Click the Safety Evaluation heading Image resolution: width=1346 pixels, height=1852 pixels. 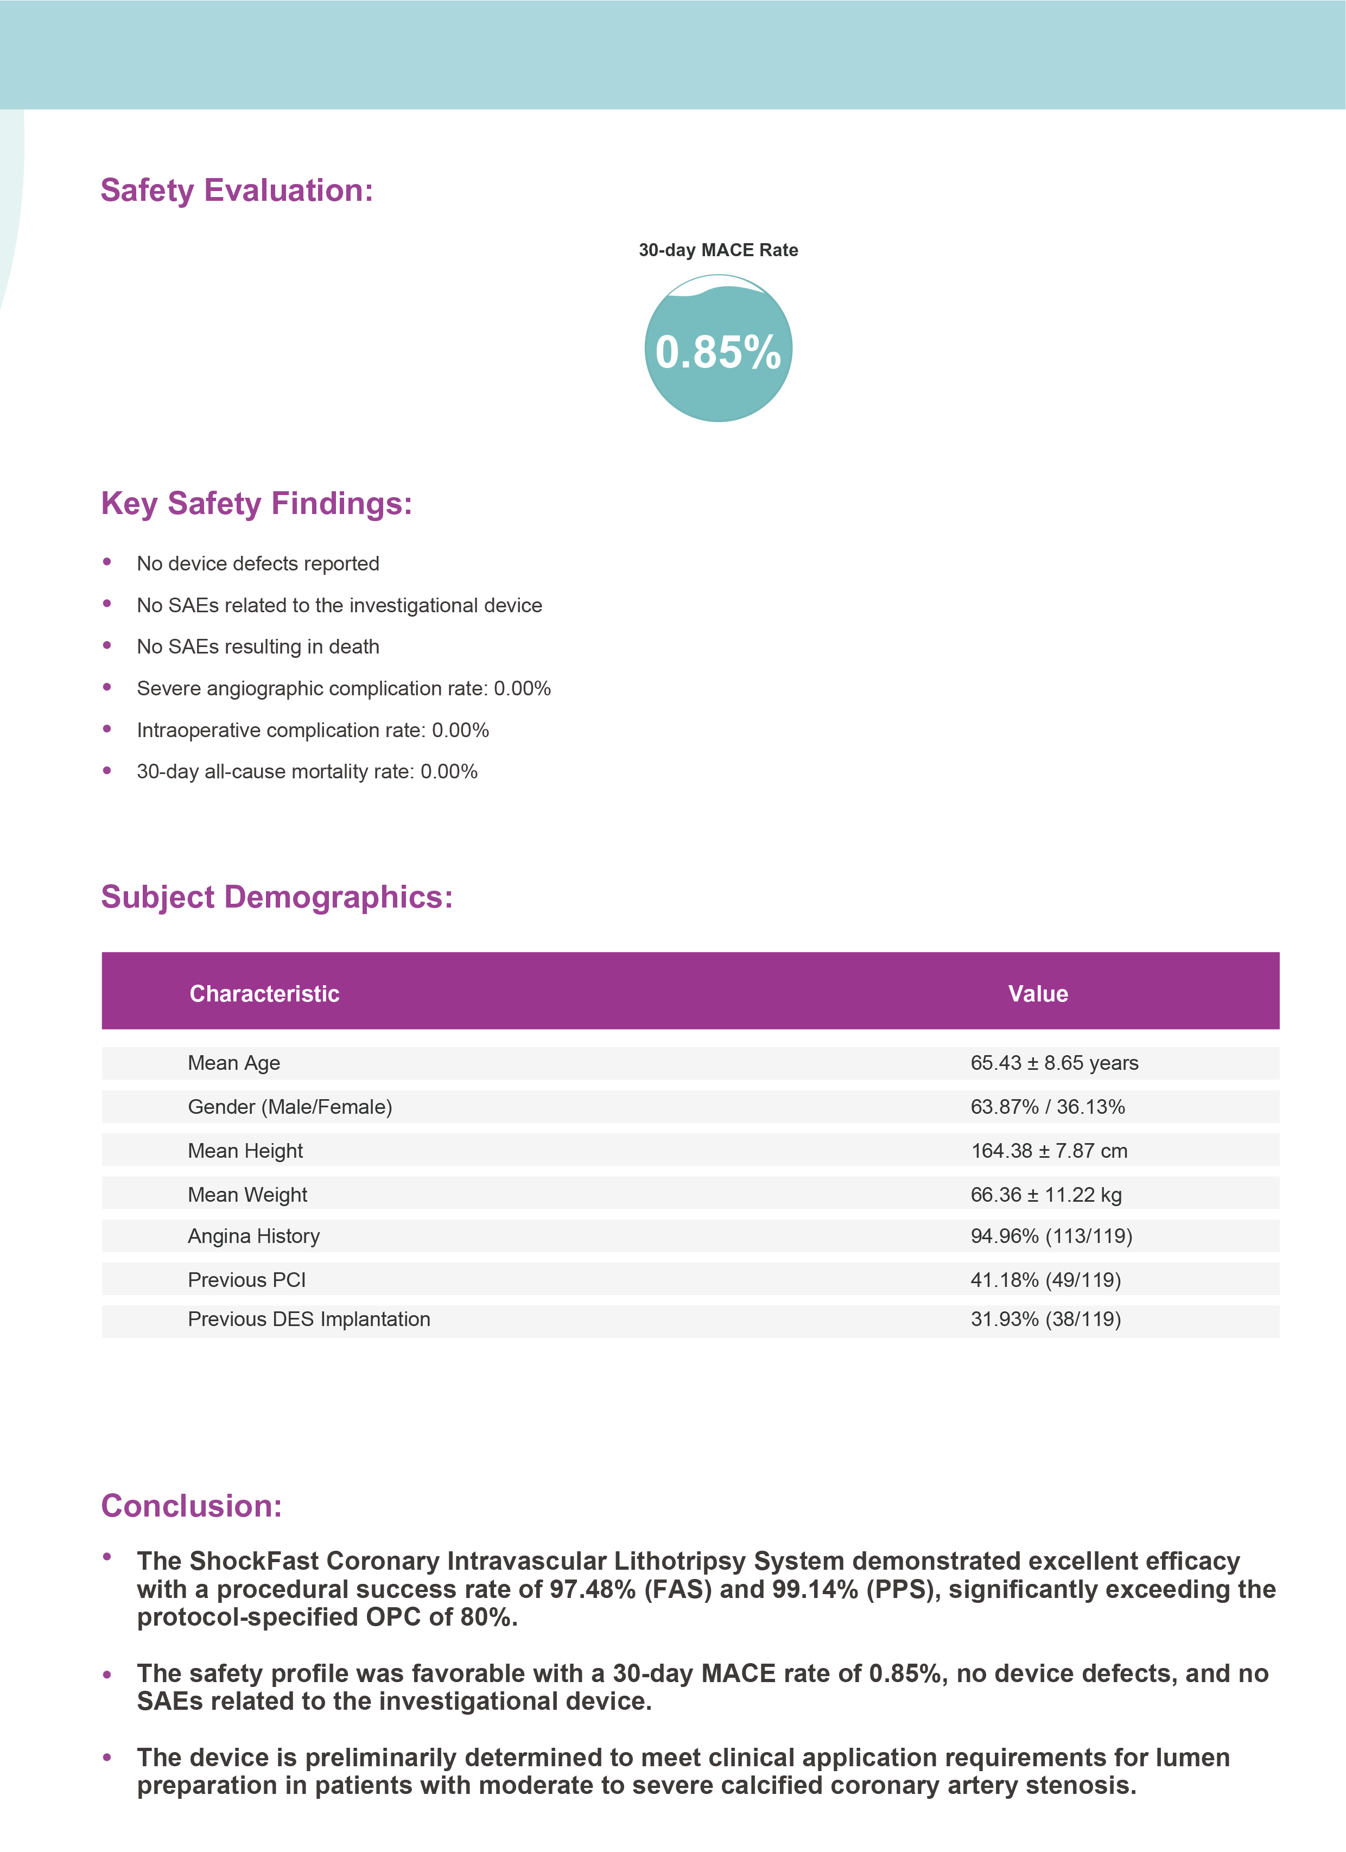coord(236,191)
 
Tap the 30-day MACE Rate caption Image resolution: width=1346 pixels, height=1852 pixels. coord(718,250)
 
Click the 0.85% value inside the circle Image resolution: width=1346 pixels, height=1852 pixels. coord(718,352)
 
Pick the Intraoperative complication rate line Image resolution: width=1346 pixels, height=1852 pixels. coord(312,730)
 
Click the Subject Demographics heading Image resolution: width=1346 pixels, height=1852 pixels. coord(276,897)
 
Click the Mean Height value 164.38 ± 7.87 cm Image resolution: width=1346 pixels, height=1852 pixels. coord(1049,1151)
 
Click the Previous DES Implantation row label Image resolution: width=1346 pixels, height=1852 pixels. coord(309,1320)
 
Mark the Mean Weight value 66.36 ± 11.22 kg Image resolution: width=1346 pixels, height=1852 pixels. coord(1045,1195)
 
